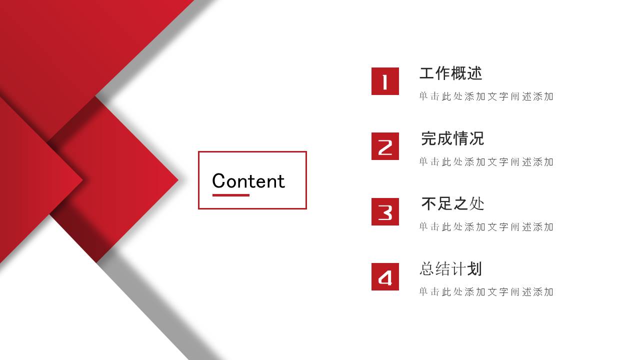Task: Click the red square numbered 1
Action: click(385, 81)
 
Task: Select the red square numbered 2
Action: click(385, 146)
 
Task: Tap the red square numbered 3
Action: click(385, 211)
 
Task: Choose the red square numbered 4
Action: click(385, 276)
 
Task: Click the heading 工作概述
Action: click(450, 73)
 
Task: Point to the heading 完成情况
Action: click(452, 138)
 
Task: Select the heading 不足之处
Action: click(452, 203)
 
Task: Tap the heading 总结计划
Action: click(450, 269)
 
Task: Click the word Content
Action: click(248, 180)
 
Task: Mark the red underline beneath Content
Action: click(230, 195)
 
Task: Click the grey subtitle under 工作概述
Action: click(486, 96)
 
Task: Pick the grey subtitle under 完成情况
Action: click(486, 161)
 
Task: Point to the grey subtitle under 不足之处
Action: click(486, 226)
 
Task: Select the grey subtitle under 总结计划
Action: click(486, 291)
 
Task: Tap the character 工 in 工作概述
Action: click(426, 73)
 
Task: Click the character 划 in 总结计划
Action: click(474, 269)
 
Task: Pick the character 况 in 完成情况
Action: click(476, 138)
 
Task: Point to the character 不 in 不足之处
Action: click(429, 203)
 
